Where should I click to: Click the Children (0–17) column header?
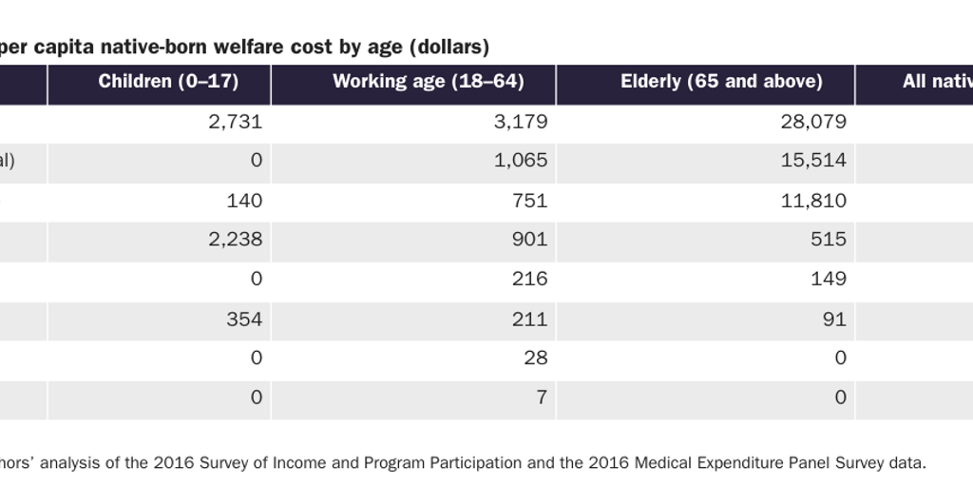(168, 82)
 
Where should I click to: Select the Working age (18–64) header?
(428, 82)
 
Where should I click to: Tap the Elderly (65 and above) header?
(721, 82)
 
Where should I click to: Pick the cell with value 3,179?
(522, 122)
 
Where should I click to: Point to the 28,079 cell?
(813, 122)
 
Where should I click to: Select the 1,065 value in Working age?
(522, 161)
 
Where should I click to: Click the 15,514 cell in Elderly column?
(813, 161)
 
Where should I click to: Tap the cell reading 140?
(245, 201)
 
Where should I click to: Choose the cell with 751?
(530, 201)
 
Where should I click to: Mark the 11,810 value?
(813, 201)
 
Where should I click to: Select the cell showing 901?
(530, 240)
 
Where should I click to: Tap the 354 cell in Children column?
(245, 319)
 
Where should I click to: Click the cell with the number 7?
(541, 398)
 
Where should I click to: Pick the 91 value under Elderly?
(834, 319)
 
